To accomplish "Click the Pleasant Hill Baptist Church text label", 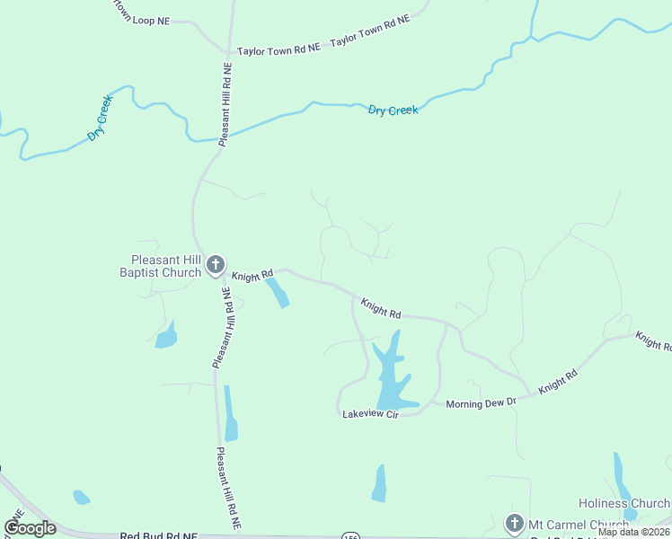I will pos(161,266).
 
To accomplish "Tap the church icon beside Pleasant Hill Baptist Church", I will pos(215,265).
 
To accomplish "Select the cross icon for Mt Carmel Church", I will pos(514,524).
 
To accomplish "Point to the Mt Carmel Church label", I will pos(579,525).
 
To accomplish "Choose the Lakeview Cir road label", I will pos(369,414).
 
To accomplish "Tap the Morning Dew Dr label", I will pos(482,403).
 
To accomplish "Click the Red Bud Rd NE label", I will pos(158,535).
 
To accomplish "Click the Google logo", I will pos(30,528).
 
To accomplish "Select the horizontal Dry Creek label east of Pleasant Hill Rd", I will pos(393,110).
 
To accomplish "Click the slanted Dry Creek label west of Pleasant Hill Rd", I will pos(100,117).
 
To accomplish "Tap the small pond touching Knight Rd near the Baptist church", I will pos(277,292).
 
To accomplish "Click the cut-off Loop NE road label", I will pos(139,18).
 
